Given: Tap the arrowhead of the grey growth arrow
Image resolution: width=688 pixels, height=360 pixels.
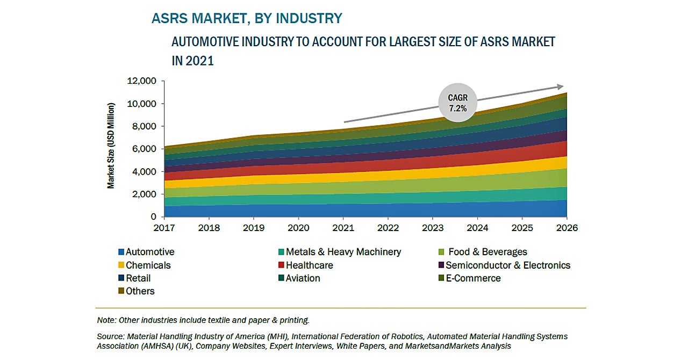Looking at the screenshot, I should click(560, 87).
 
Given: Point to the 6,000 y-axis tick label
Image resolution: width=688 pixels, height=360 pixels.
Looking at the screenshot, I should click(144, 149).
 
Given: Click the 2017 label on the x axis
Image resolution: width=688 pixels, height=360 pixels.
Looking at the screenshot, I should click(164, 228).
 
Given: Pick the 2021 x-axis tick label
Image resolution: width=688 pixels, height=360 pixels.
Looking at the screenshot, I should click(343, 228).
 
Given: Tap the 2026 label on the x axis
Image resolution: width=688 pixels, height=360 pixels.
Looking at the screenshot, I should click(567, 228).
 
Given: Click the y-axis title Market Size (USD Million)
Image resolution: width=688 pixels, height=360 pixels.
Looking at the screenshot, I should click(111, 146).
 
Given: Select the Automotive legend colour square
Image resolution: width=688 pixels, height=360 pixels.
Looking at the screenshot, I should click(121, 252).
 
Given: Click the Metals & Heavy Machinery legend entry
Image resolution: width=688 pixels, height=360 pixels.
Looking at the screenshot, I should click(343, 252).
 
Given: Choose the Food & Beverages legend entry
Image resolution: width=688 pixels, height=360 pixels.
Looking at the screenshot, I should click(488, 252).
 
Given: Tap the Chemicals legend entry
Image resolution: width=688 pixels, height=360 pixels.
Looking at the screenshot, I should click(148, 265).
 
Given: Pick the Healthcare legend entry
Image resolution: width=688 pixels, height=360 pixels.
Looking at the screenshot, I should click(309, 265).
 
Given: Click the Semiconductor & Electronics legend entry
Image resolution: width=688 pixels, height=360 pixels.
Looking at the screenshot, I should click(507, 265).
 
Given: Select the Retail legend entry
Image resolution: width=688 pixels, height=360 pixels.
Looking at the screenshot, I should click(138, 278).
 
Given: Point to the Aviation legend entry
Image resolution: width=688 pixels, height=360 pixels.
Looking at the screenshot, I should click(303, 278).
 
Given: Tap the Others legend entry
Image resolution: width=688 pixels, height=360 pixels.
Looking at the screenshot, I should click(140, 291).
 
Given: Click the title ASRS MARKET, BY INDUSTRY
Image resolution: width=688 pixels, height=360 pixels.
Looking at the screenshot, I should click(247, 18).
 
